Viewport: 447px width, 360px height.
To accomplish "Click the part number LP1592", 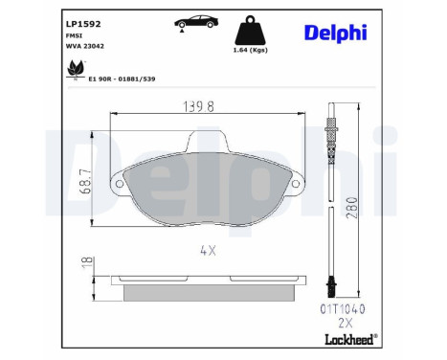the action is [83, 24].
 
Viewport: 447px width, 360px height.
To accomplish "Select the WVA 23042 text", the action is [85, 46].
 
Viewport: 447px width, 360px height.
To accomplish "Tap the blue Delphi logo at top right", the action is [336, 33].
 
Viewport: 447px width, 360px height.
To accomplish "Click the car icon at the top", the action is [196, 22].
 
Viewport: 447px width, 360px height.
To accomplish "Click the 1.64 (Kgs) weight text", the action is [251, 50].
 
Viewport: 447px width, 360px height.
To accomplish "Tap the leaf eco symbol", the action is [76, 69].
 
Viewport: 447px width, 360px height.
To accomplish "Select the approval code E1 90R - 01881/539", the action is [122, 79].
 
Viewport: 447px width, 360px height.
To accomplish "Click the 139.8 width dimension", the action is [198, 106].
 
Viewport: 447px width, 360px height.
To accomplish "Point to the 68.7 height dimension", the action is [85, 181].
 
